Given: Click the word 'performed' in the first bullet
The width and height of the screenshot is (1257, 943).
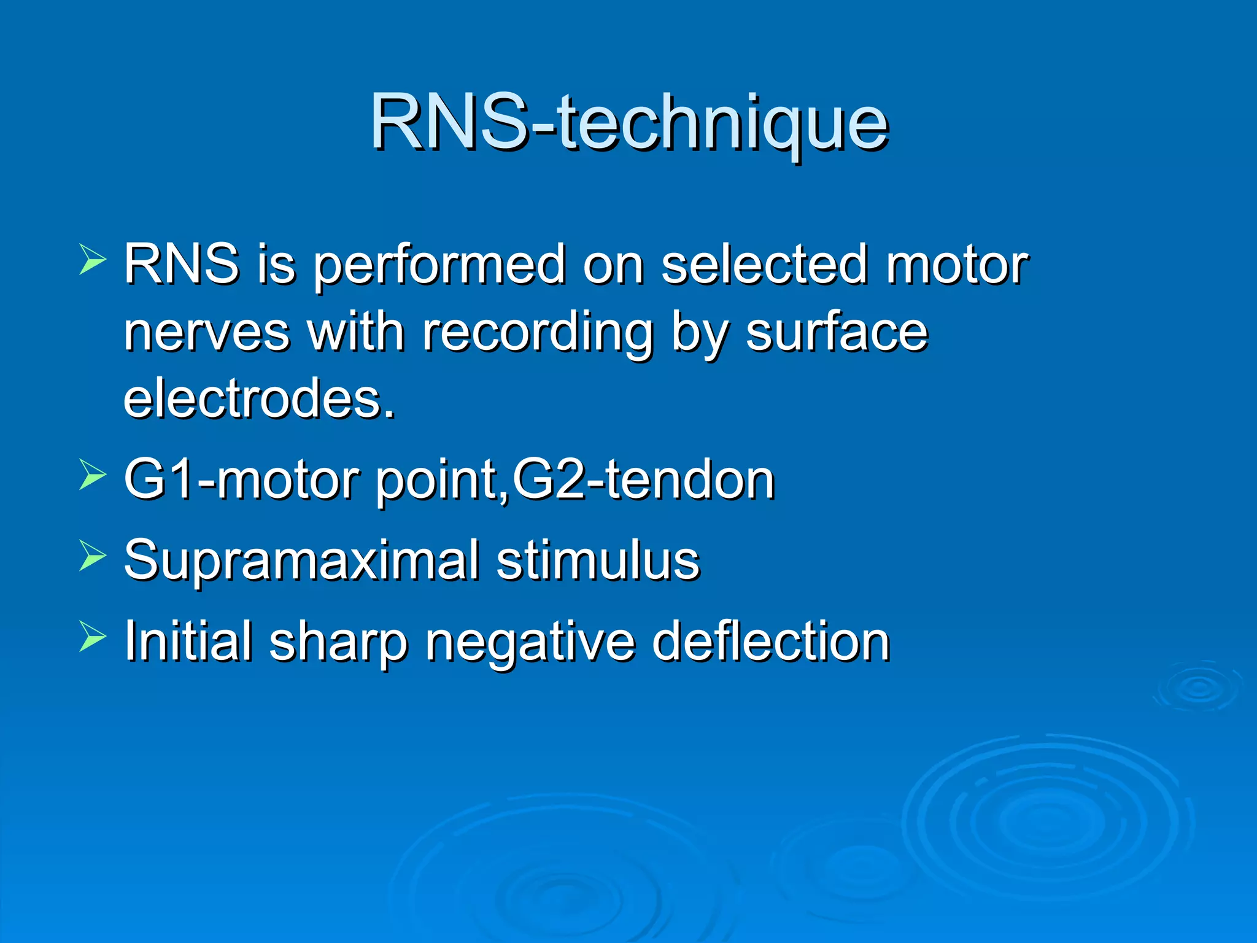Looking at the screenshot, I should pos(438,265).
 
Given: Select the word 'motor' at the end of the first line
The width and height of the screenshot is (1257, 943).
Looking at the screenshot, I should pos(957,265).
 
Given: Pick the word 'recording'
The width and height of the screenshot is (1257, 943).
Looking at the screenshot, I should pos(536,335).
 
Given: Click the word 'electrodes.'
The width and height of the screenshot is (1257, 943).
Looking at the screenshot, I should pos(259,399).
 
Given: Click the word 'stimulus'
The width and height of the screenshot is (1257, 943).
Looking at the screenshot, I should pos(598,560).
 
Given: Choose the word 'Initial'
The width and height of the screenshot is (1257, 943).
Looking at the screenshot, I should pos(188,641).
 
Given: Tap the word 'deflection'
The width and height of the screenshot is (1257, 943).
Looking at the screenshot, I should pos(770,641).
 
